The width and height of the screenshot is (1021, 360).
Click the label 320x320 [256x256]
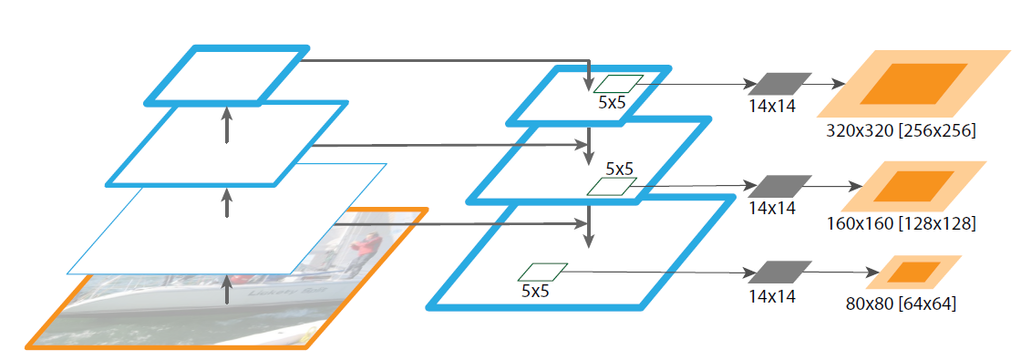click(x=901, y=131)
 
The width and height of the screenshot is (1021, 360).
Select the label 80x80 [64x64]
click(x=901, y=303)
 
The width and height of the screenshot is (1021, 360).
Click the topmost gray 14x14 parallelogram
click(x=779, y=83)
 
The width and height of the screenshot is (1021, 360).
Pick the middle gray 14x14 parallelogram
click(x=779, y=186)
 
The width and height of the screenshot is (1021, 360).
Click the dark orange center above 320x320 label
click(x=913, y=84)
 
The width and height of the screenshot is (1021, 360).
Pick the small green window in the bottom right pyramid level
click(x=542, y=272)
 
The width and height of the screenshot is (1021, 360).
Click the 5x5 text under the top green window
click(x=612, y=102)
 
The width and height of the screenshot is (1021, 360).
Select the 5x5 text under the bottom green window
click(x=535, y=292)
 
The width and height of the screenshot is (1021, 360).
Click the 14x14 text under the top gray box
click(x=772, y=106)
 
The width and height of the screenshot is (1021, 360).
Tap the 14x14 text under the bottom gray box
click(x=772, y=295)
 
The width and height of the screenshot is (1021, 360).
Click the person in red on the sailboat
click(x=366, y=243)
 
